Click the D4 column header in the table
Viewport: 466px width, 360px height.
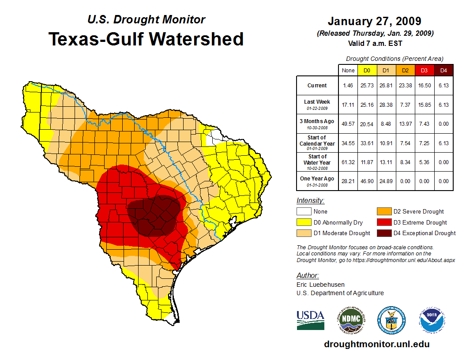point(443,70)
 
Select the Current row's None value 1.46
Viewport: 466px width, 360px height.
point(348,86)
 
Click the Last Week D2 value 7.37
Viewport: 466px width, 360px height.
point(405,105)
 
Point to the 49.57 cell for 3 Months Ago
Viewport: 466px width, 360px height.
point(348,124)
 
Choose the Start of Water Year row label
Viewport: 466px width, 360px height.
point(317,162)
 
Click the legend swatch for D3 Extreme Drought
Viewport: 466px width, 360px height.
point(383,222)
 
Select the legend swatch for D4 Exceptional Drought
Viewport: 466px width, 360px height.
point(383,233)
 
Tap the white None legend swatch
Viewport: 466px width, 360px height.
point(303,212)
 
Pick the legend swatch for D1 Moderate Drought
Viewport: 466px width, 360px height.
point(303,233)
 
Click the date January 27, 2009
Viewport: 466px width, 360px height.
point(374,21)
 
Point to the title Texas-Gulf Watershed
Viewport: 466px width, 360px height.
point(146,39)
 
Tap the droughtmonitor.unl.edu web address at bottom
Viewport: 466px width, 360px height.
point(376,344)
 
